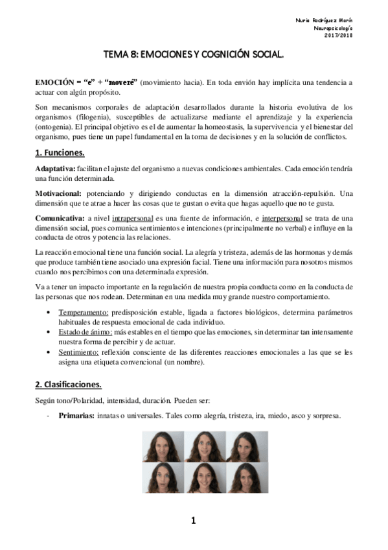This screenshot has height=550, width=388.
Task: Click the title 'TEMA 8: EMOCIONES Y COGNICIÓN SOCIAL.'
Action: click(194, 56)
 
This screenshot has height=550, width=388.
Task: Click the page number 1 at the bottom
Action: click(193, 520)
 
